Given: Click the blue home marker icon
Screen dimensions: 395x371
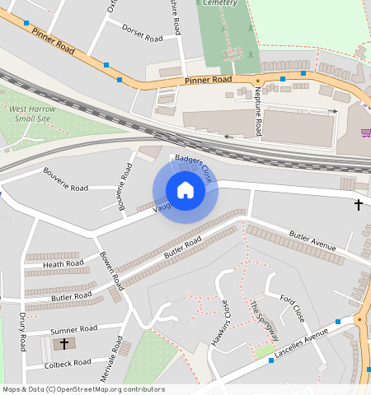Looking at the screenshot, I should pos(185,190).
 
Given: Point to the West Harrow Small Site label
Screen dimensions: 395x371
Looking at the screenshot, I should pos(32,114).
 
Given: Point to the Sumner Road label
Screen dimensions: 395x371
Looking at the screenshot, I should pos(74,329).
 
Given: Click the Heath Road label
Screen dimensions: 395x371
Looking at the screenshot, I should pos(63,263).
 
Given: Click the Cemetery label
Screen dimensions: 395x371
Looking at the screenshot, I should pos(221,3).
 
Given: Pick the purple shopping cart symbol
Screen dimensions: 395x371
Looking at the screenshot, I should pos(365,132).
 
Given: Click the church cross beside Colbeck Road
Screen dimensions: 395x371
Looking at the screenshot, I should pos(64,343).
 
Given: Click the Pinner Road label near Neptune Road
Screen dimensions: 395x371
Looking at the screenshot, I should pos(209,81).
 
